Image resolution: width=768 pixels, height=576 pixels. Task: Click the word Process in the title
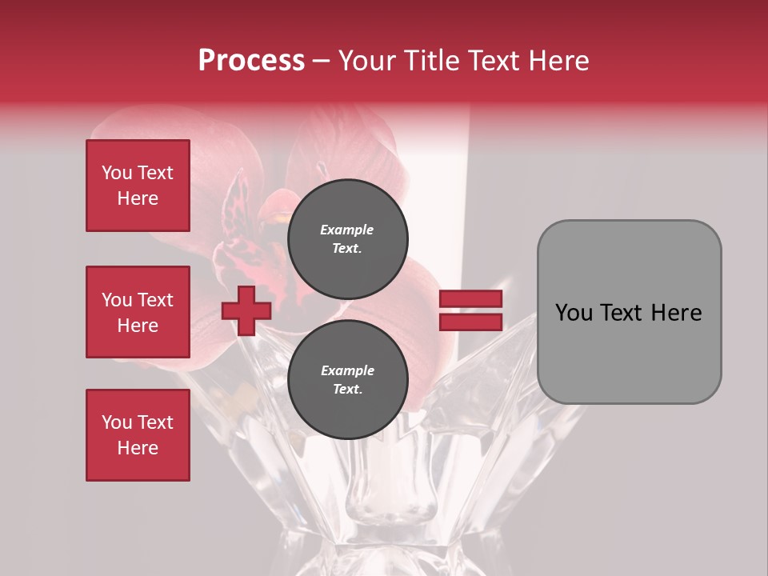pyautogui.click(x=251, y=61)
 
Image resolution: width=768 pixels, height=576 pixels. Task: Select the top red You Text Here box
pyautogui.click(x=138, y=186)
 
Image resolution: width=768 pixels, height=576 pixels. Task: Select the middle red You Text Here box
pyautogui.click(x=138, y=312)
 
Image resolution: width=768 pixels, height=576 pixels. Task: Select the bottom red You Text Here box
pyautogui.click(x=138, y=435)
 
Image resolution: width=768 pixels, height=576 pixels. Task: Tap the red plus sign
pyautogui.click(x=246, y=310)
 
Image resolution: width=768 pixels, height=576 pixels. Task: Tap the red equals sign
pyautogui.click(x=470, y=310)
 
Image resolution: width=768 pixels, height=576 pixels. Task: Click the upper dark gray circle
pyautogui.click(x=347, y=239)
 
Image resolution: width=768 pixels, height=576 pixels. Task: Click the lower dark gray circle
pyautogui.click(x=347, y=380)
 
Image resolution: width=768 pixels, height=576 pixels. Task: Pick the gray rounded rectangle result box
pyautogui.click(x=629, y=312)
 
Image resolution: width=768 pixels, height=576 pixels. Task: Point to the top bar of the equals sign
pyautogui.click(x=470, y=299)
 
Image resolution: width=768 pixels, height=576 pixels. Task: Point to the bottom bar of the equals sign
pyautogui.click(x=470, y=322)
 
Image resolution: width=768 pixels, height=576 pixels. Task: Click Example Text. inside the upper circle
pyautogui.click(x=347, y=239)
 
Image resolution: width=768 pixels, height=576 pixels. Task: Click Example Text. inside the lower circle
pyautogui.click(x=347, y=380)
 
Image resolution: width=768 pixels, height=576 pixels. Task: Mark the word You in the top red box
pyautogui.click(x=117, y=173)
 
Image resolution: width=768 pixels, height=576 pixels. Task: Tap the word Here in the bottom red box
pyautogui.click(x=138, y=448)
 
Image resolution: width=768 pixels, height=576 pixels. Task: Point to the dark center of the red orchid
pyautogui.click(x=276, y=216)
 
